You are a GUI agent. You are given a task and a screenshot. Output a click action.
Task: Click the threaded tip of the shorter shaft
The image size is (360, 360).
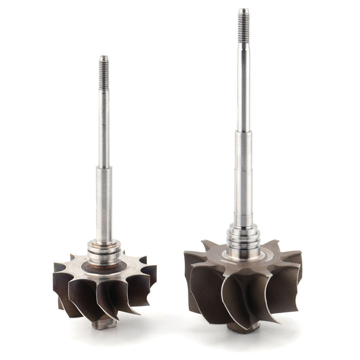click(104, 73)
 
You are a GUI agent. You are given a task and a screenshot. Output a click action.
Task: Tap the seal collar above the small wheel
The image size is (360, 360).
click(104, 251)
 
